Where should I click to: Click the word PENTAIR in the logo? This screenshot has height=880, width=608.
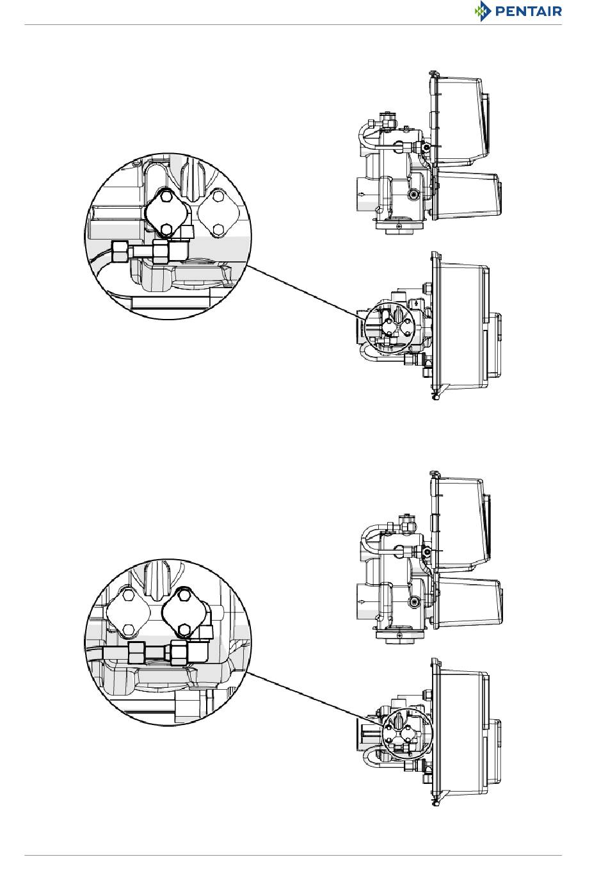(x=528, y=11)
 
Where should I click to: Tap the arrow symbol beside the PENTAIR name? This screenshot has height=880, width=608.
(x=482, y=11)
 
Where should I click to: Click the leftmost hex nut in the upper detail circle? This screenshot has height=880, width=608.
(x=120, y=252)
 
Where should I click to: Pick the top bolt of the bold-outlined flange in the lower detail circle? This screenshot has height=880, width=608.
(x=183, y=596)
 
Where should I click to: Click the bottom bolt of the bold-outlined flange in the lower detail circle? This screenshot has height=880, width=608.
(x=183, y=630)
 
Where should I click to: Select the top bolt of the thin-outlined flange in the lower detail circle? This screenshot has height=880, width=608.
(x=128, y=596)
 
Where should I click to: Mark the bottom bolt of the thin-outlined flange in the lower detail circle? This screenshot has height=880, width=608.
(x=129, y=630)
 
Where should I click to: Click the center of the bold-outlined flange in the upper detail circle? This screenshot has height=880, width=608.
(x=166, y=213)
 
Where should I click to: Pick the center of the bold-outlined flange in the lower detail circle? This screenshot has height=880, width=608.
(x=184, y=613)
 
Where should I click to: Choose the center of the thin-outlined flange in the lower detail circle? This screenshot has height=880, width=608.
(x=129, y=613)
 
